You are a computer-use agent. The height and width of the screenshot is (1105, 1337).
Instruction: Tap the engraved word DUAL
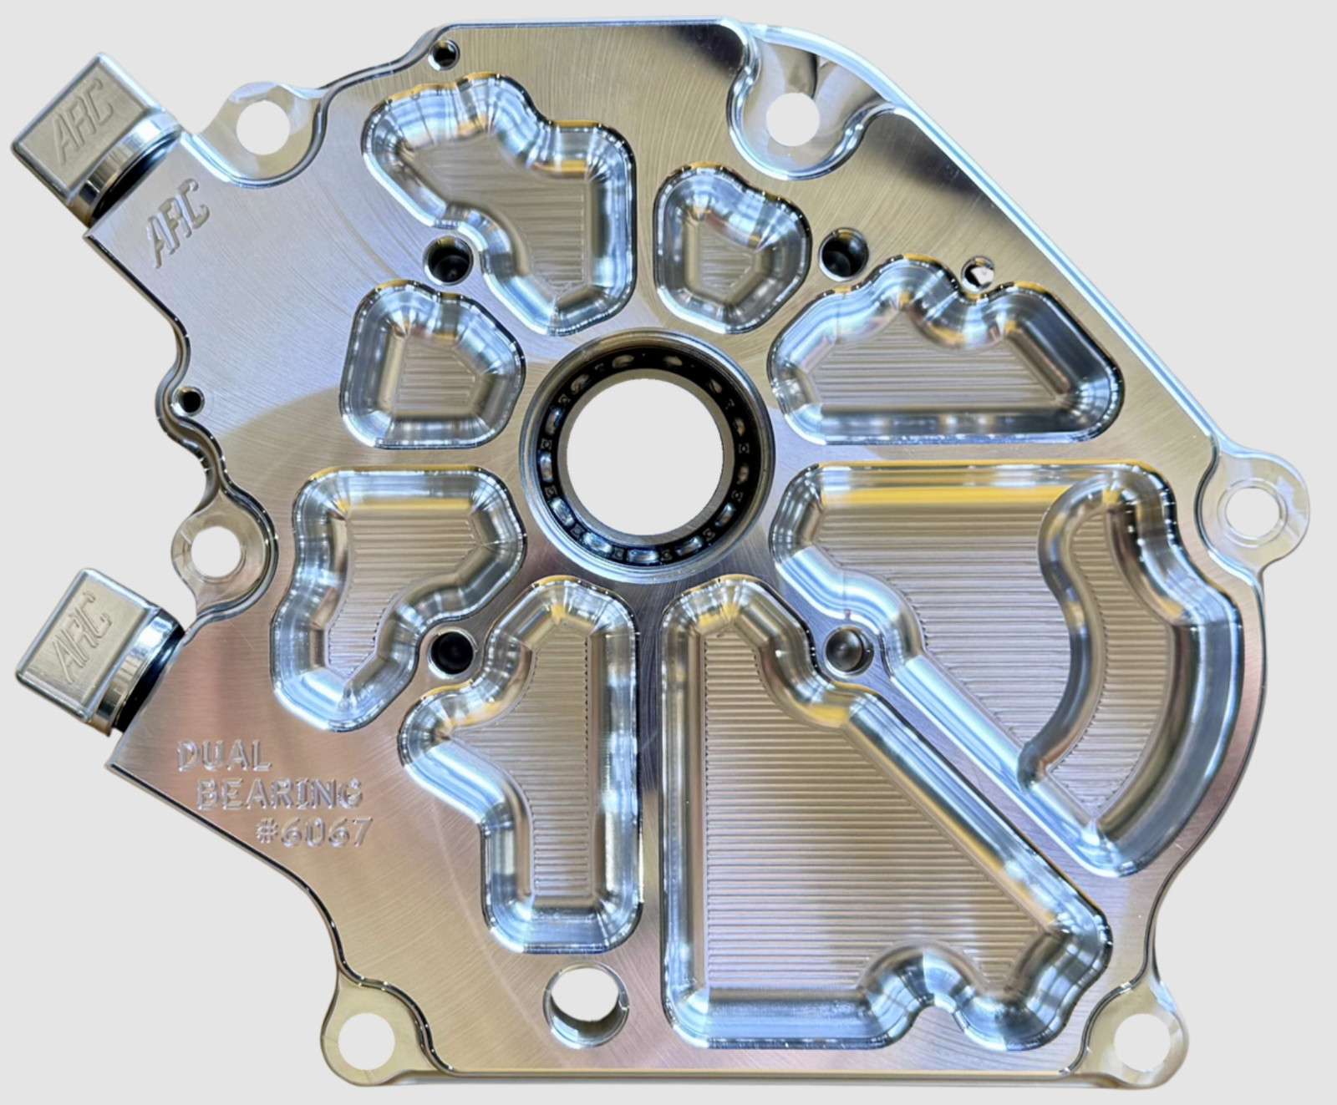coord(224,758)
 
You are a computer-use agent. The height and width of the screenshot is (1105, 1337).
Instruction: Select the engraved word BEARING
coord(280,794)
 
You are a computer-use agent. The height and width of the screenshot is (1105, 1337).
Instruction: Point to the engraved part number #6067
coord(313,831)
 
